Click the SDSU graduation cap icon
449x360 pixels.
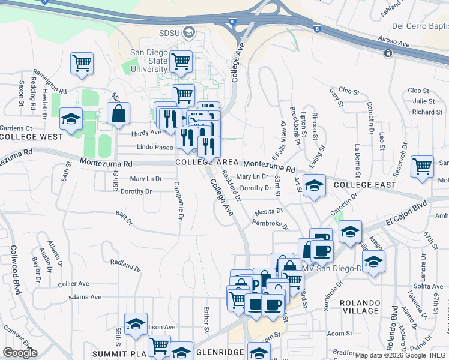(190, 31)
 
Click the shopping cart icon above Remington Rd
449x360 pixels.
(81, 62)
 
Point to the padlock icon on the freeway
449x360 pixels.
(388, 53)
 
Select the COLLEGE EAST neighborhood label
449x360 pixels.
(365, 184)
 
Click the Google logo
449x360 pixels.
(20, 353)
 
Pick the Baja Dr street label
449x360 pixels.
(124, 217)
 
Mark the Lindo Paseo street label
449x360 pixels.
(155, 147)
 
